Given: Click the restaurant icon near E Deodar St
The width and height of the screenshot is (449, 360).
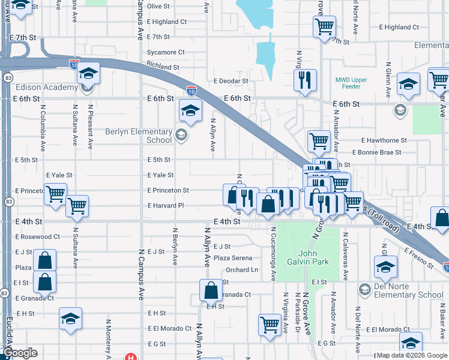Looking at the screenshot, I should pyautogui.click(x=305, y=80).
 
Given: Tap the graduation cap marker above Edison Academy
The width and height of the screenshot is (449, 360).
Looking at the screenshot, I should pyautogui.click(x=89, y=73).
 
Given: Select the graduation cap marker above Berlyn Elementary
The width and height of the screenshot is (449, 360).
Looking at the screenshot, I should pyautogui.click(x=190, y=110).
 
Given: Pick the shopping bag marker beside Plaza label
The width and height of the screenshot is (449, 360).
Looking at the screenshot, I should pyautogui.click(x=45, y=260).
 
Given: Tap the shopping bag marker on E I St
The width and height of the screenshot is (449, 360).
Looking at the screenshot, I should pyautogui.click(x=45, y=281).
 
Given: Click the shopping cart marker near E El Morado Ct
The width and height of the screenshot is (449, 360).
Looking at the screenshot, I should pyautogui.click(x=270, y=325).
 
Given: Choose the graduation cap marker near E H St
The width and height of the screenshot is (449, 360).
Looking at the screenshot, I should pyautogui.click(x=71, y=318).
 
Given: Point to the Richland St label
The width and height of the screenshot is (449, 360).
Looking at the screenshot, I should pyautogui.click(x=163, y=68).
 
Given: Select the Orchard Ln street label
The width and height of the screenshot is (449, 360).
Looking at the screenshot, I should pyautogui.click(x=242, y=270).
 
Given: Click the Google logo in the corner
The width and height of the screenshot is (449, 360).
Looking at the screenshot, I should pyautogui.click(x=20, y=353).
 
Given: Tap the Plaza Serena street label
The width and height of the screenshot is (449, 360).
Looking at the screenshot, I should pyautogui.click(x=234, y=258).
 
